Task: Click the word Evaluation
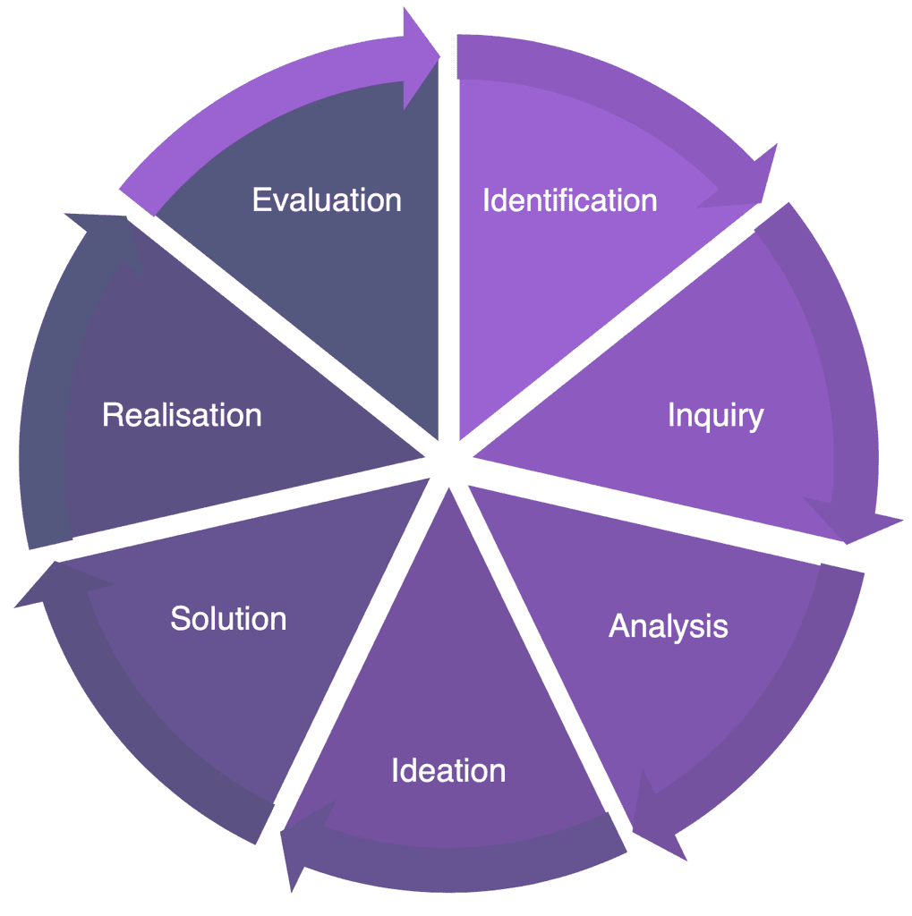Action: [x=327, y=199]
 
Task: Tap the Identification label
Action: [x=569, y=200]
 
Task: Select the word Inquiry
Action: [x=715, y=415]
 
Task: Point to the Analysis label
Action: [x=668, y=626]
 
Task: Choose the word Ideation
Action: [x=447, y=770]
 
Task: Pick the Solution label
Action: [x=228, y=618]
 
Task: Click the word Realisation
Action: [x=182, y=415]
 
